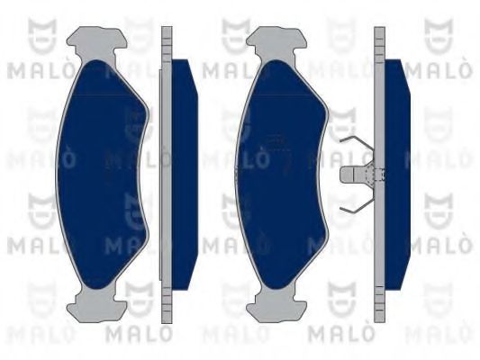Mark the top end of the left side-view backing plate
[x=166, y=36]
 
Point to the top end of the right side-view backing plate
[x=379, y=36]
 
